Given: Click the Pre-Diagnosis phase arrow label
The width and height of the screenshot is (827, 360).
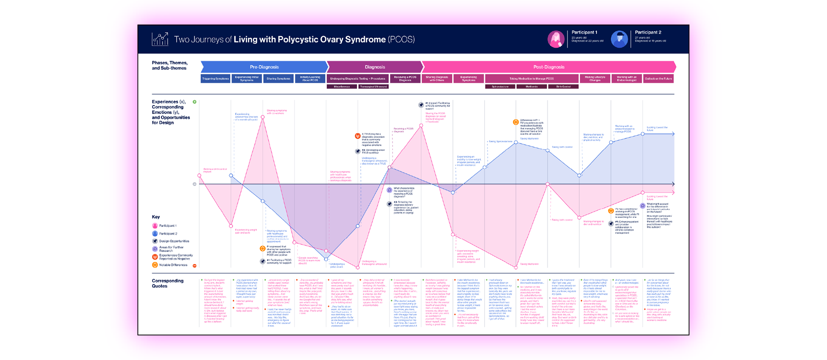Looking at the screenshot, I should click(x=264, y=67).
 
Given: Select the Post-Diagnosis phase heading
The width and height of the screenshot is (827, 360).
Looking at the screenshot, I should click(x=548, y=67).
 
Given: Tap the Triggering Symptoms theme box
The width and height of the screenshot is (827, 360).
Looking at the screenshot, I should click(x=215, y=79).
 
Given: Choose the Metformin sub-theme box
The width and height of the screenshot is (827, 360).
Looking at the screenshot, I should click(x=532, y=87).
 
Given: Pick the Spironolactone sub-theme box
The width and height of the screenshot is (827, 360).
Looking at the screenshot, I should click(x=500, y=87).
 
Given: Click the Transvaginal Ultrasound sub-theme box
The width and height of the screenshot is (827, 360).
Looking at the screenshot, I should click(x=373, y=87).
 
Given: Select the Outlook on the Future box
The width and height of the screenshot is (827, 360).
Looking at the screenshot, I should click(x=658, y=79).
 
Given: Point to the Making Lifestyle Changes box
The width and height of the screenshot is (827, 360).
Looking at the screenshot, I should click(x=595, y=79).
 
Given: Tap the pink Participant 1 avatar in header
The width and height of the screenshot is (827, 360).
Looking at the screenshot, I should click(x=556, y=39).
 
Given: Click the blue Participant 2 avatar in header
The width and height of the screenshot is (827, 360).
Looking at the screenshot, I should click(x=619, y=39).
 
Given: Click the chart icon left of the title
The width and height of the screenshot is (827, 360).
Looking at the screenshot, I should click(x=160, y=39).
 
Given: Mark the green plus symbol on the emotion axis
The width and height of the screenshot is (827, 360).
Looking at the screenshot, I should click(x=195, y=102).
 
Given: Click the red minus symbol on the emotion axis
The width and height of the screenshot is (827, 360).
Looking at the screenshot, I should click(x=195, y=266).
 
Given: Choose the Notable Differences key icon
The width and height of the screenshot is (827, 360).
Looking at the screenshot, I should click(x=155, y=265).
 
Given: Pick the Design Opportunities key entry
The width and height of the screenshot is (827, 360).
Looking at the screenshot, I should click(x=174, y=241).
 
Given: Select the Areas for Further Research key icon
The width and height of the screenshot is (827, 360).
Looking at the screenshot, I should click(x=155, y=249).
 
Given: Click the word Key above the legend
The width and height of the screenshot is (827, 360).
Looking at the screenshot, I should click(x=155, y=217).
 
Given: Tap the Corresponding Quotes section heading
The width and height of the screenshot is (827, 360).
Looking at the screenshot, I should click(x=168, y=283).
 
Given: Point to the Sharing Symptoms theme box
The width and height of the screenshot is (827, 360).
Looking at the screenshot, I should click(x=278, y=79).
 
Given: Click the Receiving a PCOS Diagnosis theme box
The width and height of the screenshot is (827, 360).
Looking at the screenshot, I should click(x=405, y=79).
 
